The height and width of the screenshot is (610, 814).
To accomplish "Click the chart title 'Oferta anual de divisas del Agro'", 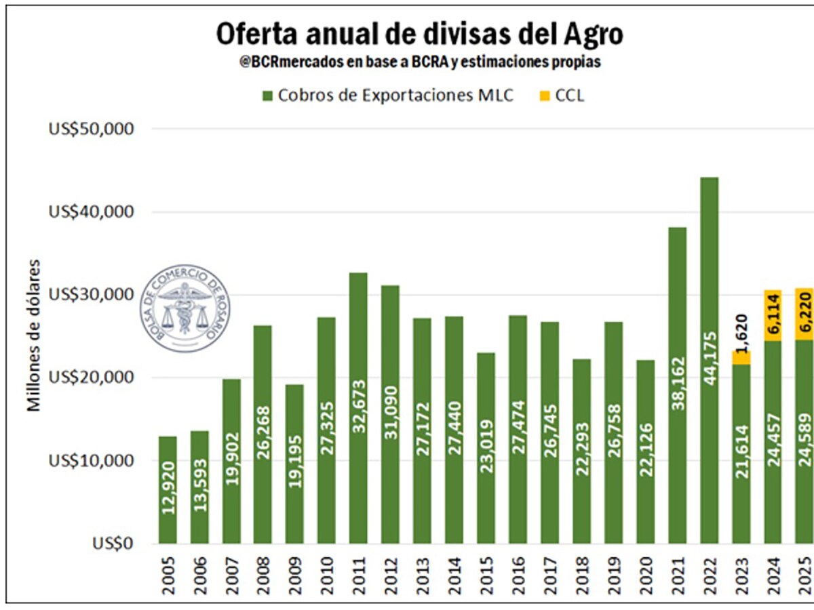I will point(419,33).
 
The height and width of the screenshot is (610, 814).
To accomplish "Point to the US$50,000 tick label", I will point(92,129).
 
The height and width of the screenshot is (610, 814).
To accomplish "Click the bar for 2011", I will point(358,407).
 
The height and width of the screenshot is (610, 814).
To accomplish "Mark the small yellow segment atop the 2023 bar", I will point(741,358).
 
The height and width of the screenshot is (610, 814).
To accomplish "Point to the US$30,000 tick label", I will point(92,295).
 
